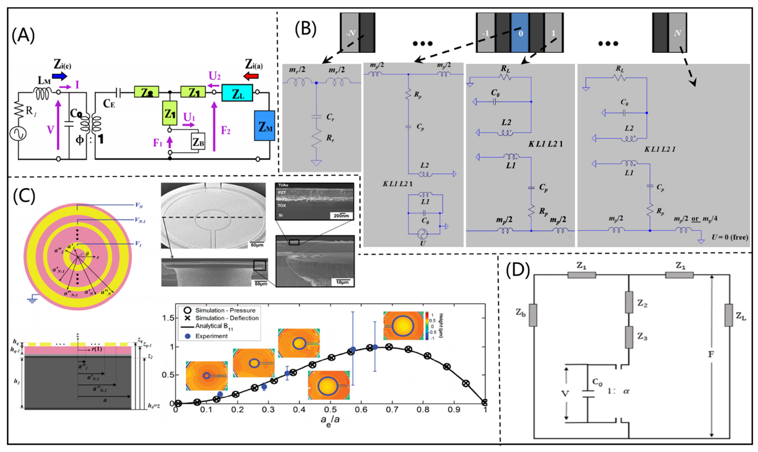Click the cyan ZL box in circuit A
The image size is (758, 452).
(x=237, y=93)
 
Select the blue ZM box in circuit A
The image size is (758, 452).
(x=264, y=126)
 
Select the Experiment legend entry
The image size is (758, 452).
(x=207, y=336)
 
